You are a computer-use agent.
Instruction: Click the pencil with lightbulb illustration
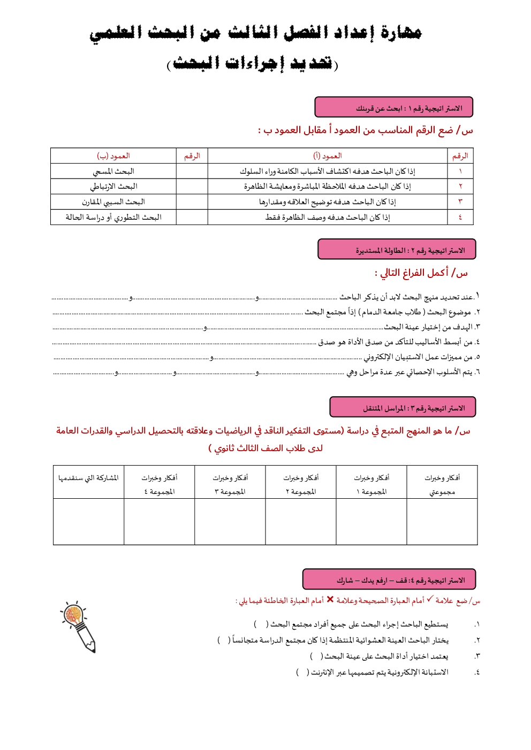pyautogui.click(x=79, y=626)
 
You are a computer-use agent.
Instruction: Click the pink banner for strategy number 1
pyautogui.click(x=393, y=107)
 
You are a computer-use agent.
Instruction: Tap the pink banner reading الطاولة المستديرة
pyautogui.click(x=396, y=250)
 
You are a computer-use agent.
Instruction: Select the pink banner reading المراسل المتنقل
pyautogui.click(x=403, y=407)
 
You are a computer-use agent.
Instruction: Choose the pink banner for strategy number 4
pyautogui.click(x=389, y=579)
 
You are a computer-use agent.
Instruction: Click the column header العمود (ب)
pyautogui.click(x=113, y=156)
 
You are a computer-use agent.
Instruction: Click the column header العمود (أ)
pyautogui.click(x=328, y=156)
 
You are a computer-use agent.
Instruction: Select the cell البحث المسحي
pyautogui.click(x=113, y=172)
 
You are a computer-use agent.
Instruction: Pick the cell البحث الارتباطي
pyautogui.click(x=113, y=187)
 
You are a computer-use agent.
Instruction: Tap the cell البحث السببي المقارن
pyautogui.click(x=113, y=202)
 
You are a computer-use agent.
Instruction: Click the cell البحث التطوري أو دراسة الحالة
pyautogui.click(x=113, y=218)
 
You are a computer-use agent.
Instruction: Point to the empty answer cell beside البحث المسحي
pyautogui.click(x=192, y=172)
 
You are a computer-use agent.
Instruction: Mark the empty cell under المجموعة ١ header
pyautogui.click(x=371, y=522)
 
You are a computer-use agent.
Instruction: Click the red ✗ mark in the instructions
pyautogui.click(x=330, y=600)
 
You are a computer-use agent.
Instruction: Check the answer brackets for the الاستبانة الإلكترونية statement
pyautogui.click(x=302, y=672)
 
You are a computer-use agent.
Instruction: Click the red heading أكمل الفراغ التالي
pyautogui.click(x=421, y=273)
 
